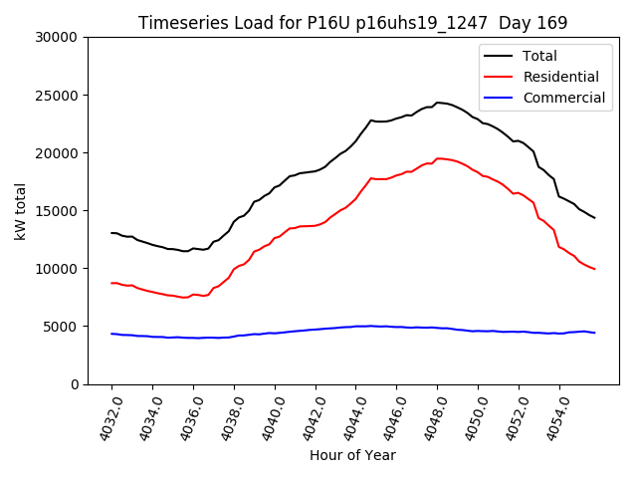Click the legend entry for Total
539,57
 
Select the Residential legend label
560,77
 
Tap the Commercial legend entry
563,98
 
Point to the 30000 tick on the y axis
59,38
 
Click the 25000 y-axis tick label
59,96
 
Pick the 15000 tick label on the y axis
59,211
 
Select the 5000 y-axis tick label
63,327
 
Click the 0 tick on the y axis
76,384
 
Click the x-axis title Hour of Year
352,456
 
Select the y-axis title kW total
20,211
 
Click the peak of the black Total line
437,102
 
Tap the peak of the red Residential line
438,158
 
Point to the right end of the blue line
594,333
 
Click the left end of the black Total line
111,233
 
